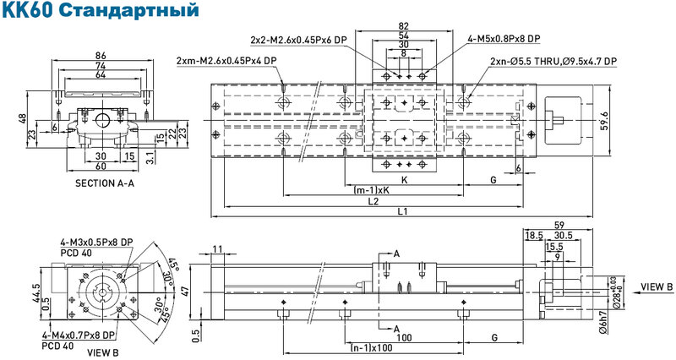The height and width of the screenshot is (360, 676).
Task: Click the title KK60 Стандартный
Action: coord(101,10)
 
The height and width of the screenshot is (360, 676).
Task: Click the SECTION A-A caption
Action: coord(105,183)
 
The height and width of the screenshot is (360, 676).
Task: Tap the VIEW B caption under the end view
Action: coord(102,352)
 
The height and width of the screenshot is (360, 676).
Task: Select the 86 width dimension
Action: coord(101,55)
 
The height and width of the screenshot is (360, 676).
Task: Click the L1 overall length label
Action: coord(403,211)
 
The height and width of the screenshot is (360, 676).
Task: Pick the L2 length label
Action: coord(373,201)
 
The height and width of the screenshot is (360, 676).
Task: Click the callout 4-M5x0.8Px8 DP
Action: coord(504,39)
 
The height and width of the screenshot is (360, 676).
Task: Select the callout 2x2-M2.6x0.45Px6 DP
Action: coord(299,40)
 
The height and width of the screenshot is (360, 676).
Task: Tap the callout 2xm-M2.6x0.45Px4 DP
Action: coord(226,61)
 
